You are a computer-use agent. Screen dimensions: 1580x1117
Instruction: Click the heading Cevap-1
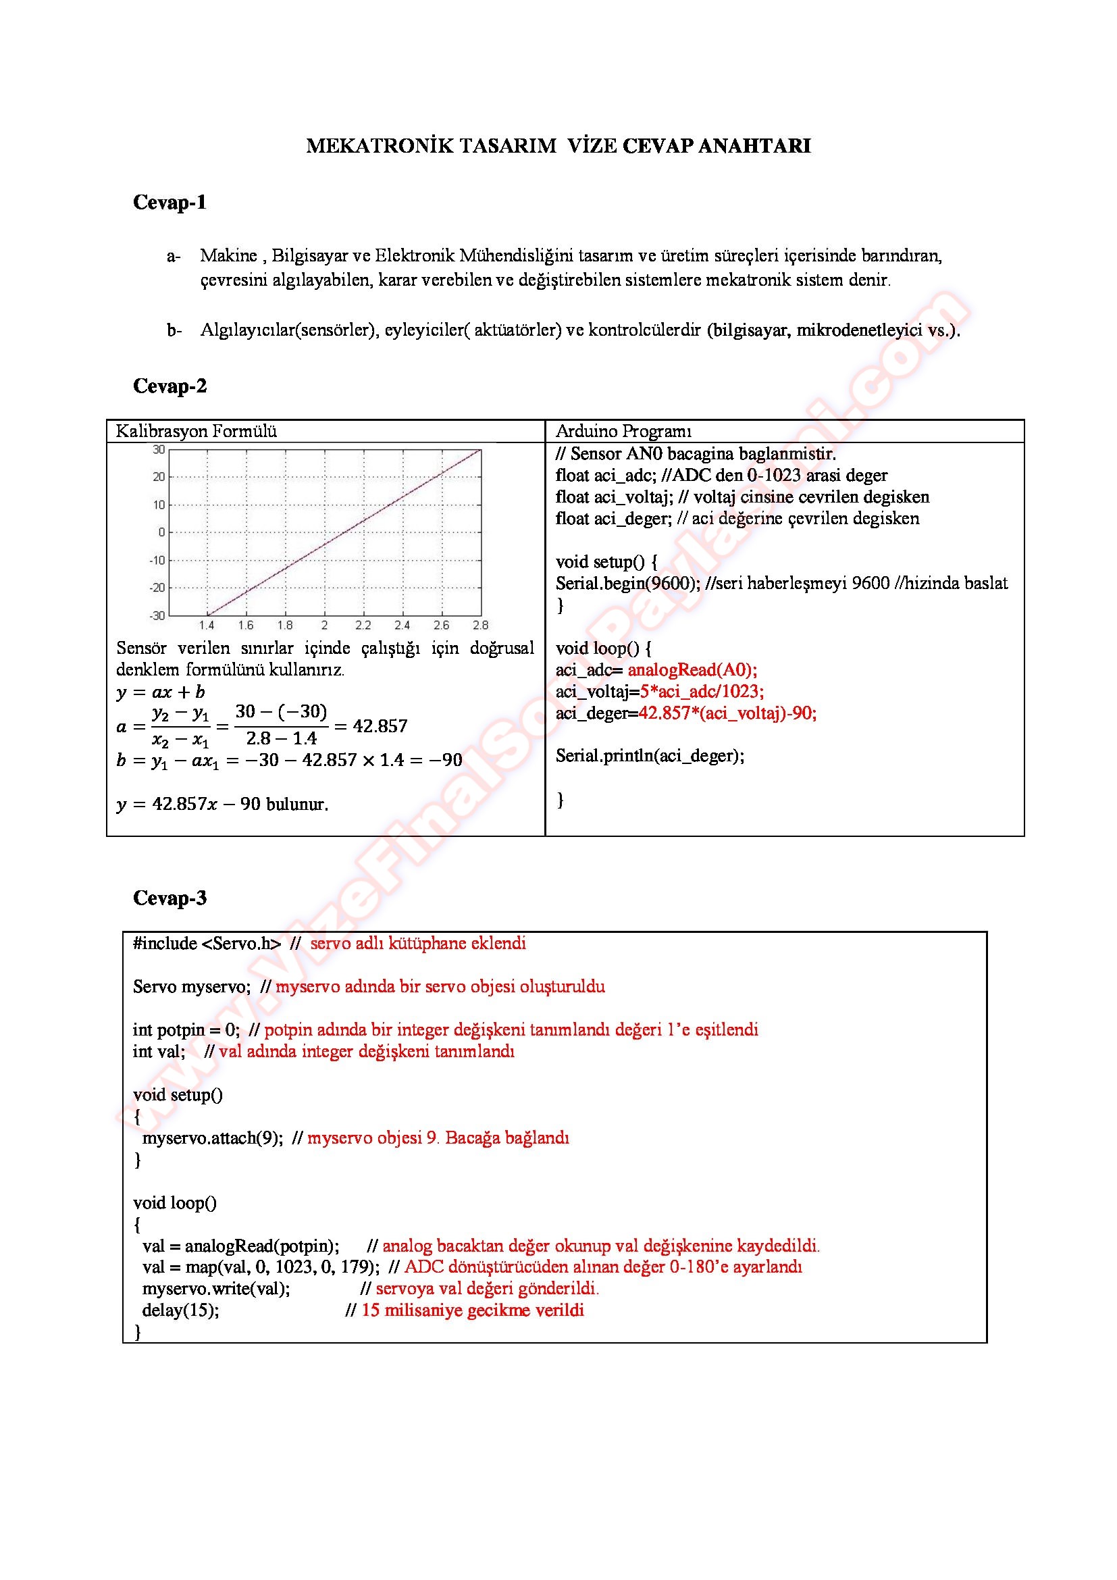[x=170, y=203]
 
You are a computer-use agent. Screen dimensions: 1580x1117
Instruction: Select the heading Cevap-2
[x=170, y=386]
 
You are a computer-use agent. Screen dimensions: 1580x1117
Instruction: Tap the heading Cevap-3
[x=170, y=898]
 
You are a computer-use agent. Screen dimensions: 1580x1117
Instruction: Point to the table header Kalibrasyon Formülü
[x=196, y=432]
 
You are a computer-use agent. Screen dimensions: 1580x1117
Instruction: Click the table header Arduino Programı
[x=623, y=432]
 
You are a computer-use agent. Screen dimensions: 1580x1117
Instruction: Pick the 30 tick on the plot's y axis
[x=159, y=449]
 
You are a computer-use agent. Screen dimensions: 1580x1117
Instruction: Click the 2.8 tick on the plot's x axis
[x=480, y=626]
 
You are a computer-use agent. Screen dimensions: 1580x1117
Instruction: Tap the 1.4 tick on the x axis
[x=207, y=626]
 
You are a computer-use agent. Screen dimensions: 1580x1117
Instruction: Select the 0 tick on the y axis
[x=161, y=532]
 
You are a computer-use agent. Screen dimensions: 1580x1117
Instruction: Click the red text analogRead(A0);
[x=692, y=669]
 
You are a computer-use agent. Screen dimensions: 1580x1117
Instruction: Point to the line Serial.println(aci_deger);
[x=650, y=756]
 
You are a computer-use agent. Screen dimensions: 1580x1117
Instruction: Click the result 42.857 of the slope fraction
[x=380, y=726]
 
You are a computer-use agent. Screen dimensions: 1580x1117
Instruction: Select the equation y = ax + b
[x=161, y=692]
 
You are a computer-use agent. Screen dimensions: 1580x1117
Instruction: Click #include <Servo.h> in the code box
[x=207, y=944]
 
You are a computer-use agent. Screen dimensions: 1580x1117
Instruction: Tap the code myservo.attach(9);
[x=213, y=1138]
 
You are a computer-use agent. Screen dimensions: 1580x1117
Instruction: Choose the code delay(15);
[x=180, y=1310]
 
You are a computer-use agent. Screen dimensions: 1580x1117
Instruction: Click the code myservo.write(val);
[x=216, y=1288]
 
